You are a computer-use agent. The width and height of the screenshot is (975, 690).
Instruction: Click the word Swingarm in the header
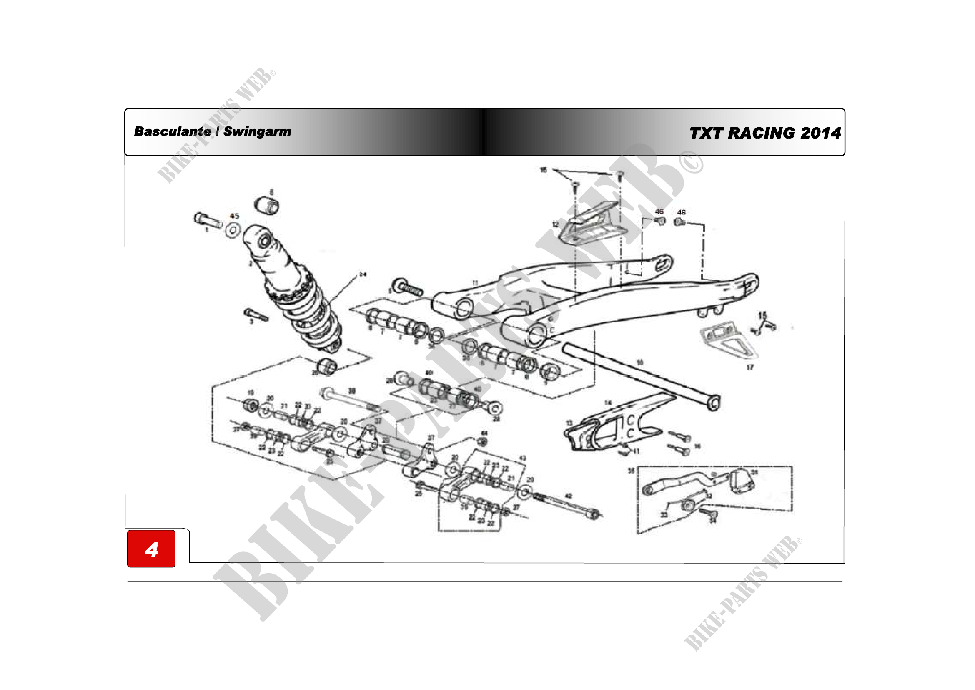pos(257,132)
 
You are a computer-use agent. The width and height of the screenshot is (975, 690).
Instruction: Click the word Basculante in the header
pos(173,132)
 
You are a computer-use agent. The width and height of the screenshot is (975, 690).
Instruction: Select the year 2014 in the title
pos(820,133)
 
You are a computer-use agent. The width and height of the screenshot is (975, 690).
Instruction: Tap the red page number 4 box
pos(151,549)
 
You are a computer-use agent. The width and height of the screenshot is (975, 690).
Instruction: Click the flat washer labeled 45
pos(233,230)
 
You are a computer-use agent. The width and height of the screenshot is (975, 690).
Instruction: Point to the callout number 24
pos(362,274)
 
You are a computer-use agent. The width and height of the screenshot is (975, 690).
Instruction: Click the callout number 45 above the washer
pos(234,216)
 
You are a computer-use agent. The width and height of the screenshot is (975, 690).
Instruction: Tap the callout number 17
pos(750,367)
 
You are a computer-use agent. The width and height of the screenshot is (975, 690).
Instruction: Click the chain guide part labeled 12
pos(592,225)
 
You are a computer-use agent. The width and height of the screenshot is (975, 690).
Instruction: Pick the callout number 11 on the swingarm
pos(475,282)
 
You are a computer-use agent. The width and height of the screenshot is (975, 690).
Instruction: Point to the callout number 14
pos(608,403)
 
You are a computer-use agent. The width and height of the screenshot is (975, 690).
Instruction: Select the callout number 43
pos(523,458)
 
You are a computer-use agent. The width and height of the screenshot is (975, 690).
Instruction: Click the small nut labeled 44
pos(482,441)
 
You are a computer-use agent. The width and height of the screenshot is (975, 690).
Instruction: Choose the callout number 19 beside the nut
pos(251,393)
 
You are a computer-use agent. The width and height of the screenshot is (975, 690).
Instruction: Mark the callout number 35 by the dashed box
pos(632,471)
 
